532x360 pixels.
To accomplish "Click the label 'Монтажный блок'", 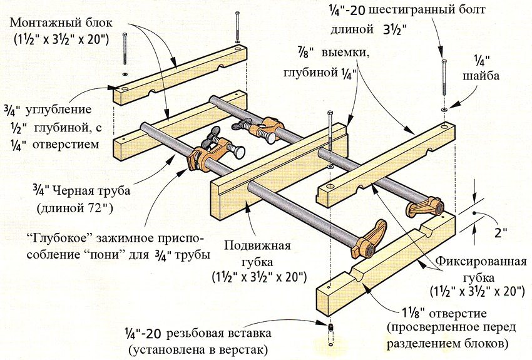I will point(61,23).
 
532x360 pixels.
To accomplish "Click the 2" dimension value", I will point(499,232).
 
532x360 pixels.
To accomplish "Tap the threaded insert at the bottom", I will point(330,327).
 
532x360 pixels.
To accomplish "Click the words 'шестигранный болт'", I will point(432,11).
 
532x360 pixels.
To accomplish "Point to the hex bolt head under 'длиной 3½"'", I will point(444,61).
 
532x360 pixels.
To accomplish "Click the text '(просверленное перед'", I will point(456,328).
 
